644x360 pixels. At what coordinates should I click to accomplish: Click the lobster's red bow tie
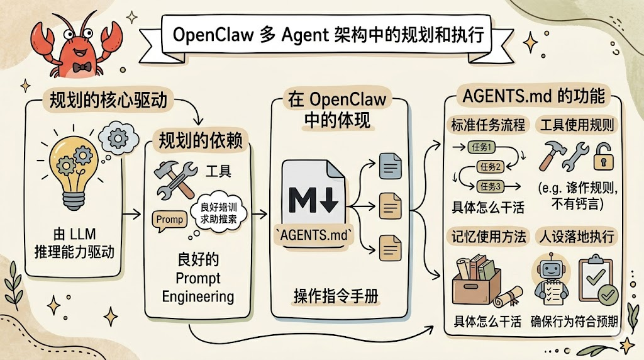[78, 66]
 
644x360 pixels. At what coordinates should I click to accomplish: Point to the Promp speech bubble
[169, 220]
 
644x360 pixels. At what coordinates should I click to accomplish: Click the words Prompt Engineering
[197, 286]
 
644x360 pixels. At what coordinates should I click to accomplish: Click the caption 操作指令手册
[336, 296]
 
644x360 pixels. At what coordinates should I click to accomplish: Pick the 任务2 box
[490, 167]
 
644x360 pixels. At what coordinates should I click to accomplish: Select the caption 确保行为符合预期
[574, 322]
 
